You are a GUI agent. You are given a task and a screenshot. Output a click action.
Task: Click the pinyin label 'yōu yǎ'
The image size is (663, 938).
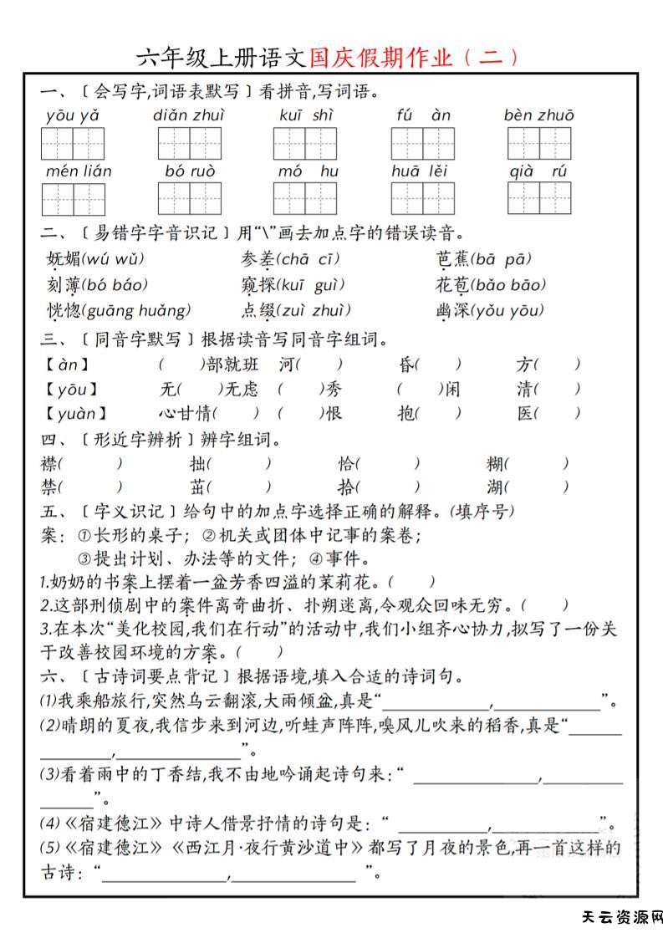point(72,115)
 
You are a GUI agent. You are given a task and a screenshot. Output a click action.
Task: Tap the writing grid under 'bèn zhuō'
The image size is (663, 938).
point(538,144)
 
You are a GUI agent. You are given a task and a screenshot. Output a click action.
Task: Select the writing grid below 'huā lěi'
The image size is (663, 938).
point(422,198)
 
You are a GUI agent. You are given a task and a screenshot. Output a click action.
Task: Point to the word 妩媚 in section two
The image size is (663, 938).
point(64,258)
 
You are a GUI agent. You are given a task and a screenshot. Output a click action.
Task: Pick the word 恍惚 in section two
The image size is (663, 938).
point(64,311)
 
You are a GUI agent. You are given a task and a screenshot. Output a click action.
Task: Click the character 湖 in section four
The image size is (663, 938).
point(496,487)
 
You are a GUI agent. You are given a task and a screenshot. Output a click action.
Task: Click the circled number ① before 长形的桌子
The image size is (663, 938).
point(84,534)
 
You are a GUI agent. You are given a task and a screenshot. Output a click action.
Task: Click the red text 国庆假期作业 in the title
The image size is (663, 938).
point(380,58)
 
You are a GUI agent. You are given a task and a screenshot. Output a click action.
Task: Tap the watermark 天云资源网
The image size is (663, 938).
point(621,917)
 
